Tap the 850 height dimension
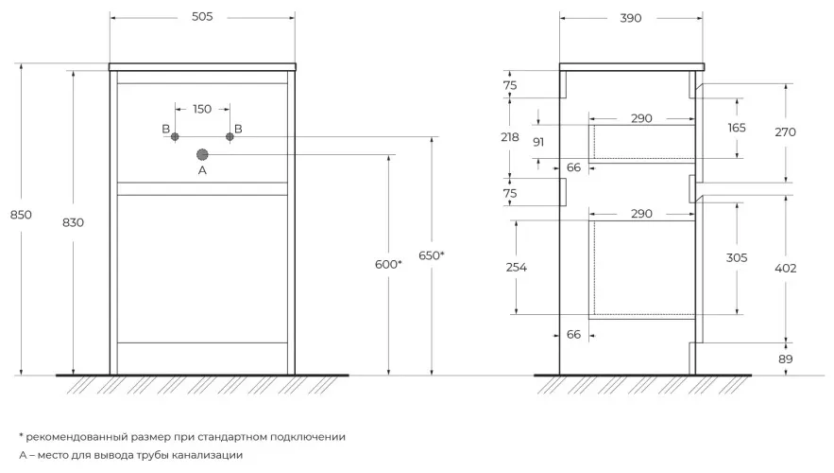tap(21, 215)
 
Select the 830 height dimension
tap(73, 222)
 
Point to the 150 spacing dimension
tap(202, 109)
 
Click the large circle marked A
tap(202, 154)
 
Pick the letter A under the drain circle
tap(201, 171)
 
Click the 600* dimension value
tap(388, 265)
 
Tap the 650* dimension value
tap(431, 256)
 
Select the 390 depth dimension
tap(631, 19)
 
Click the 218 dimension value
tap(511, 137)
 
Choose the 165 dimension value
tap(737, 128)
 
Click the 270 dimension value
tap(784, 132)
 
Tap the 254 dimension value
tap(517, 267)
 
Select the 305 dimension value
tap(737, 257)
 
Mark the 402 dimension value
tap(785, 269)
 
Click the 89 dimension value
tap(786, 359)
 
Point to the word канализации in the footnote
tap(209, 455)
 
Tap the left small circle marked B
tap(175, 137)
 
